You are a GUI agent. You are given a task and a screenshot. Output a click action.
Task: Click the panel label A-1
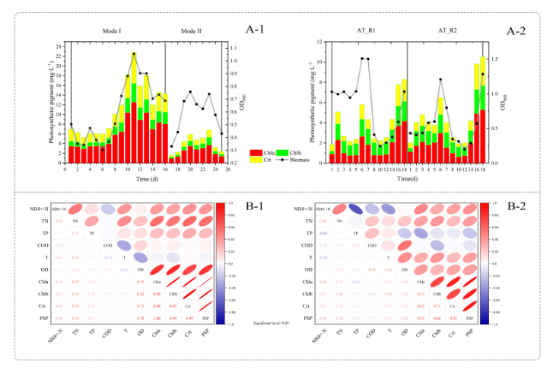point(256,30)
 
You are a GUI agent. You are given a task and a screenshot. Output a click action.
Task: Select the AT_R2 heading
point(447,31)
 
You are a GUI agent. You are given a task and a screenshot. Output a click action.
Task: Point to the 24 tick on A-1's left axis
point(59,46)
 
